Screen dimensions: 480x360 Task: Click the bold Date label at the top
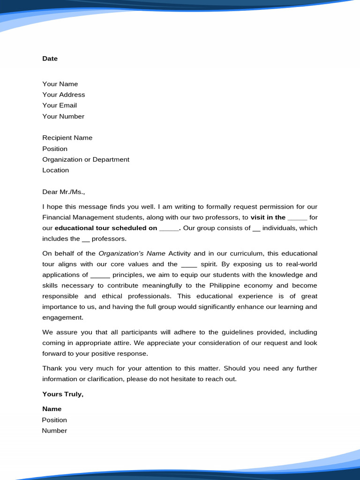50,59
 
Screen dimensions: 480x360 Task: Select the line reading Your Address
64,95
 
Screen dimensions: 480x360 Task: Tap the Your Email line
60,105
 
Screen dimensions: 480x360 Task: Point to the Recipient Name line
67,138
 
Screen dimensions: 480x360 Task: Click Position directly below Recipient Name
55,149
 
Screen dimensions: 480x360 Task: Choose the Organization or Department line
86,159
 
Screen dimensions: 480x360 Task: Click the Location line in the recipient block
55,170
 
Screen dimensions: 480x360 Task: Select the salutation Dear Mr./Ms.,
64,192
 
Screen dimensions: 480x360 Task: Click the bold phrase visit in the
268,217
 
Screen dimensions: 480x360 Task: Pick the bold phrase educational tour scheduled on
106,228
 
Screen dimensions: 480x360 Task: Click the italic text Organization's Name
132,254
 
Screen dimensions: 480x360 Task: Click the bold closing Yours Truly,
63,394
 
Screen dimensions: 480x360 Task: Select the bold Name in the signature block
52,409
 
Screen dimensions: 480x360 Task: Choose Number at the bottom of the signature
54,431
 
